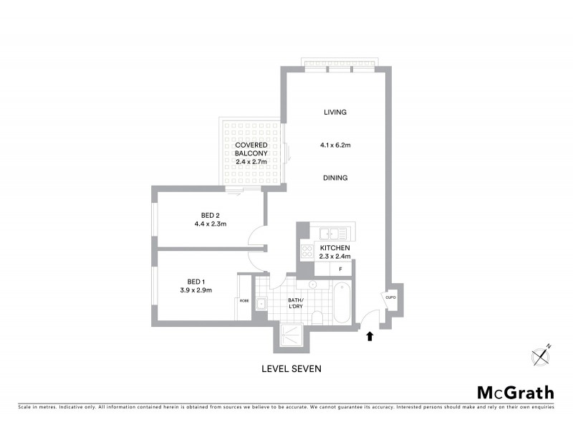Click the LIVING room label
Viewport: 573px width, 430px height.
coord(334,113)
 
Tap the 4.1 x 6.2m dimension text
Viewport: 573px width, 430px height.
coord(334,145)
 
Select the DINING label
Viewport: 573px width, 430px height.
coord(334,178)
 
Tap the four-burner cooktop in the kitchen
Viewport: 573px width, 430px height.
coord(307,250)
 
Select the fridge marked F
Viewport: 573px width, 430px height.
coord(341,269)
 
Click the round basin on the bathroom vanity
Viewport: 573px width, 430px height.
coord(312,284)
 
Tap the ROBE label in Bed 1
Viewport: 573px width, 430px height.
coord(244,300)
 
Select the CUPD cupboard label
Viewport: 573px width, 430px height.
coord(390,297)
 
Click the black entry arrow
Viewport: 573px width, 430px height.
coord(370,335)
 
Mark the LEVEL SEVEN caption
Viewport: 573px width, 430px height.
coord(290,370)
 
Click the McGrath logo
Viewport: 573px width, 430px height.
coord(516,392)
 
